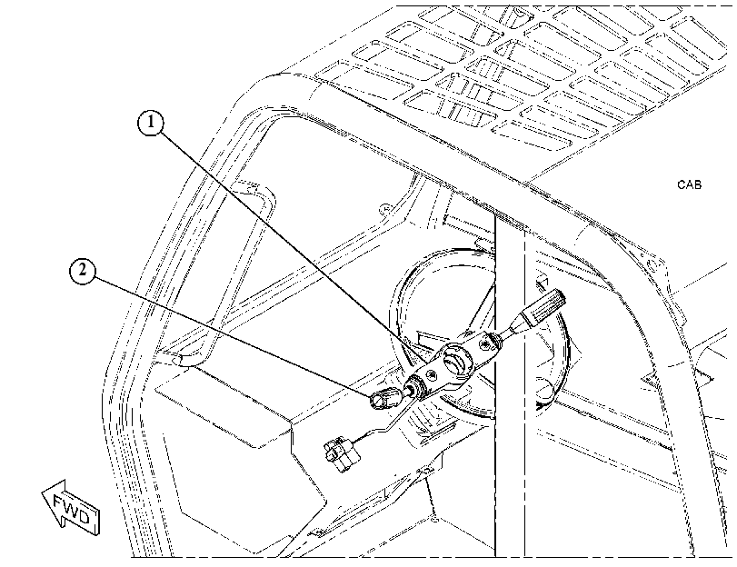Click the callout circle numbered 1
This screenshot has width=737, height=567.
click(x=151, y=123)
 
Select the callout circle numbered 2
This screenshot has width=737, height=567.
click(x=83, y=271)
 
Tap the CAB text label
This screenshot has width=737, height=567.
click(x=689, y=184)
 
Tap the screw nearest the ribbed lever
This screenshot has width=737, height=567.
click(x=484, y=345)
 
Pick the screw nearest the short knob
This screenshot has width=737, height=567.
click(x=430, y=373)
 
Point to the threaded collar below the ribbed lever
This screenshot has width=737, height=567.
click(x=495, y=341)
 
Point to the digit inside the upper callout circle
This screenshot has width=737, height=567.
click(x=151, y=123)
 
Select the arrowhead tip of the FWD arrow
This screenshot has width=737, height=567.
click(x=43, y=492)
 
